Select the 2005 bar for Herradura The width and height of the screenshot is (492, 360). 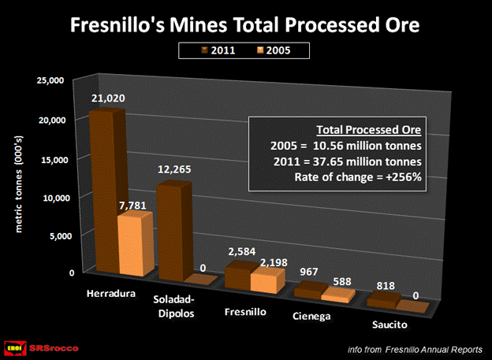(x=135, y=244)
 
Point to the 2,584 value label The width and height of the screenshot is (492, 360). (x=240, y=251)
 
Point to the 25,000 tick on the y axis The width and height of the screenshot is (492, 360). (x=52, y=81)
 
